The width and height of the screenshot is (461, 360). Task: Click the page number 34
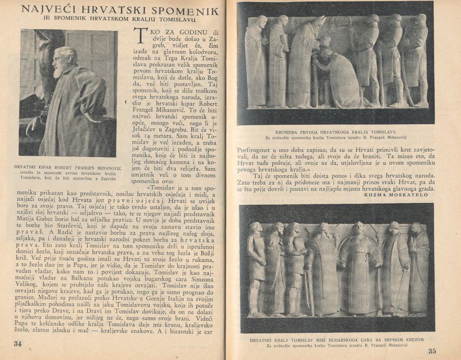18,344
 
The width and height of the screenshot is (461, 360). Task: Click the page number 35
432,351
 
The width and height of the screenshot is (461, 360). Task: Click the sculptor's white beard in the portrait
59,70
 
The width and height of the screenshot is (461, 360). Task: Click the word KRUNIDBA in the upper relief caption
290,132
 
